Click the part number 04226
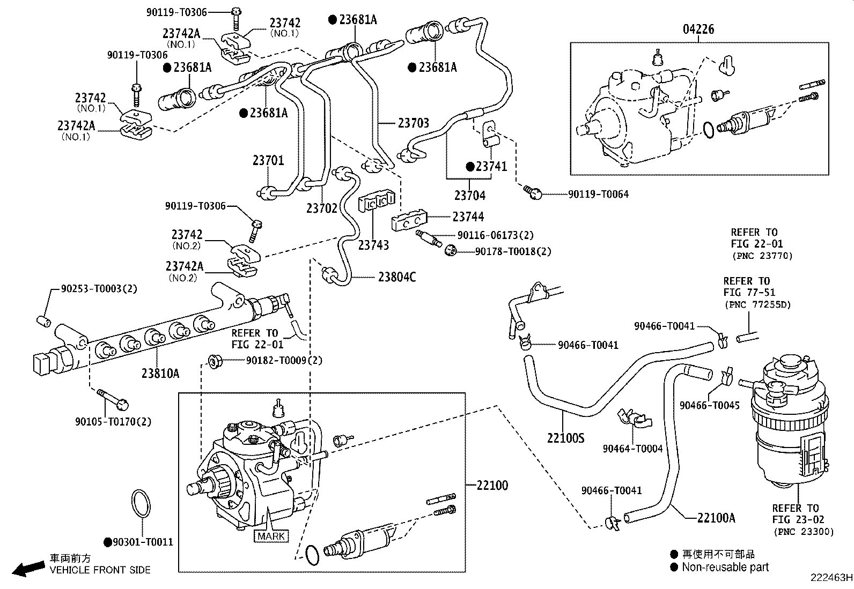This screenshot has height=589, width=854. point(698,29)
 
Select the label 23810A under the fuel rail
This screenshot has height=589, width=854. point(160,373)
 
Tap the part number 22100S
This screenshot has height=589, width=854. point(565,438)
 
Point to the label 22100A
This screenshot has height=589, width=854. point(716,518)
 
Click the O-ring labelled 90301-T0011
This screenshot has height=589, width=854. point(141,504)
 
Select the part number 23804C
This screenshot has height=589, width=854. point(397,277)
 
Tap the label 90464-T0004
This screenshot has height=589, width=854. point(632,449)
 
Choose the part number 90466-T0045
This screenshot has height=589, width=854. point(709,406)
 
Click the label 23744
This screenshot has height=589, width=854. point(468,217)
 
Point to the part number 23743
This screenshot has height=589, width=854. point(373,245)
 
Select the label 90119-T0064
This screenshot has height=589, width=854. point(598,195)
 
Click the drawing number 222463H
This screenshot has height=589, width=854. point(831,578)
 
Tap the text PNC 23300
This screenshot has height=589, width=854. point(803,532)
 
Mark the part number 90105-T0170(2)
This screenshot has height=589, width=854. point(113,422)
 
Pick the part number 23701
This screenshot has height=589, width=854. point(268,160)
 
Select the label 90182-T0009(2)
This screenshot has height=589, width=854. point(284,361)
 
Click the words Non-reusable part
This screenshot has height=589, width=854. point(725,567)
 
